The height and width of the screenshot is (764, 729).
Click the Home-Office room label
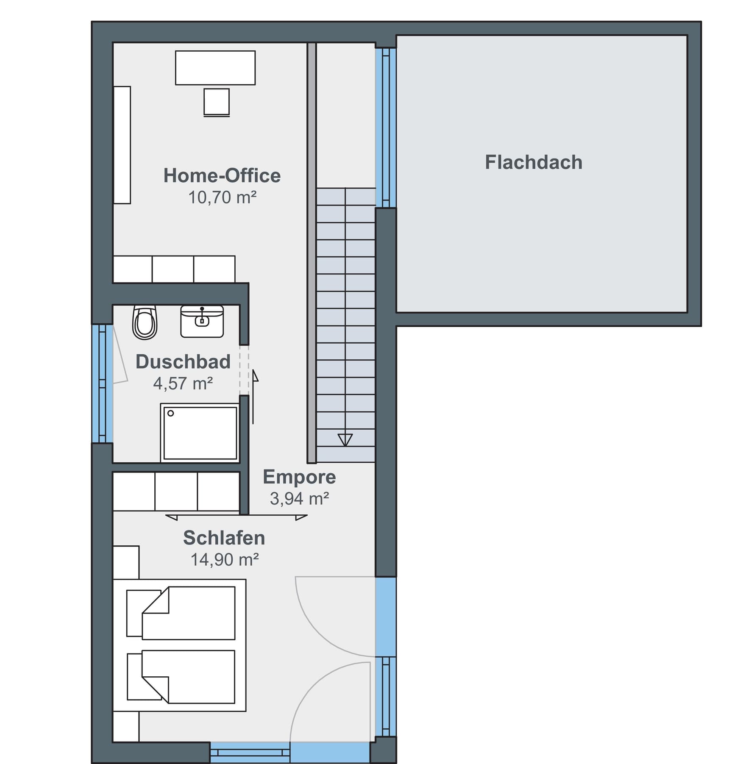[222, 176]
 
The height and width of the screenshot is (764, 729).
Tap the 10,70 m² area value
[222, 197]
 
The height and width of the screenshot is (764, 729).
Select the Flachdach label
[533, 162]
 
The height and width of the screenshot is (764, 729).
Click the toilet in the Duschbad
[145, 322]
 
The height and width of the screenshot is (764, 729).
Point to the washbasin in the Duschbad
[202, 321]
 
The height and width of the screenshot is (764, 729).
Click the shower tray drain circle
[171, 413]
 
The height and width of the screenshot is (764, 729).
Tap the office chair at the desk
[217, 102]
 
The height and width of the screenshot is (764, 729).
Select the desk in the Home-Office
[215, 68]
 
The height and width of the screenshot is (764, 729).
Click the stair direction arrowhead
[345, 439]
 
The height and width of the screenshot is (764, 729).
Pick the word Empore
[299, 477]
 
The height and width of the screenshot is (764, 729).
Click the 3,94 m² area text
[299, 499]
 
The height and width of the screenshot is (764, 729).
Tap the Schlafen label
[224, 538]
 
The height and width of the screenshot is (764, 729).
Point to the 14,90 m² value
[224, 560]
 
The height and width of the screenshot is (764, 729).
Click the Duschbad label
[183, 362]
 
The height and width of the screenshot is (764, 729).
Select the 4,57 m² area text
[183, 383]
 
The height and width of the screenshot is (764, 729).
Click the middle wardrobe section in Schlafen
[176, 492]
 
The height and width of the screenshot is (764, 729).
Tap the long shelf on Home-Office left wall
[122, 145]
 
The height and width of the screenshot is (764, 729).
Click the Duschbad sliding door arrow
[255, 375]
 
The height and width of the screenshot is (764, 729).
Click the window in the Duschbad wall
[102, 383]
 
